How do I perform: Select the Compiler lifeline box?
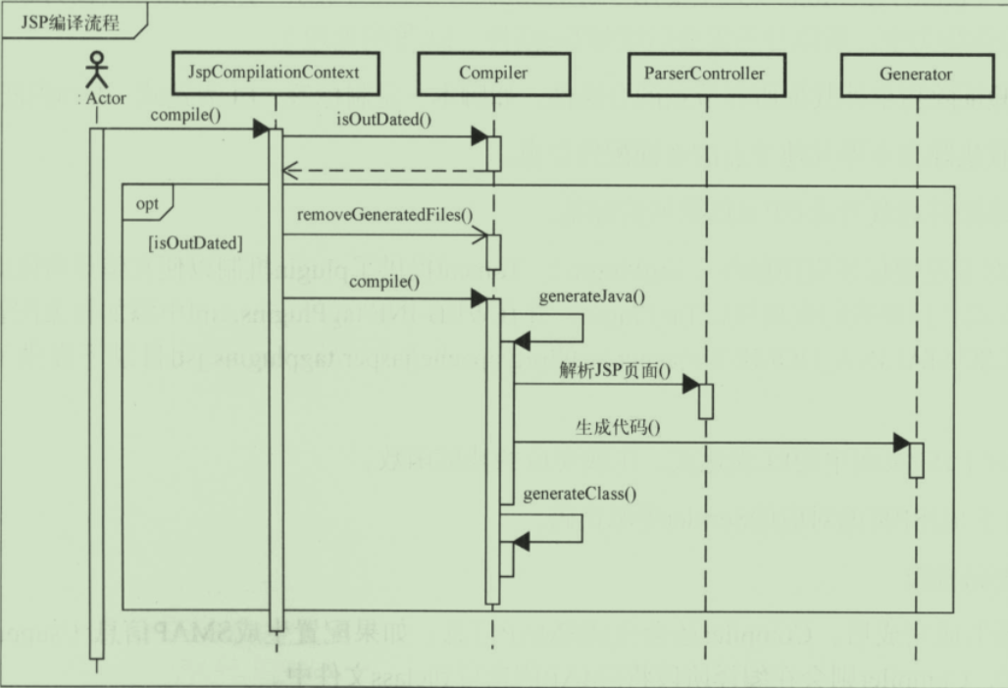(x=492, y=73)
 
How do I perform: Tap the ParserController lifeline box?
(x=704, y=73)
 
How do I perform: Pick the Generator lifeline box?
(x=916, y=73)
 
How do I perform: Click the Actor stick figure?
(x=96, y=70)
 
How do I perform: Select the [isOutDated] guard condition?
(x=196, y=241)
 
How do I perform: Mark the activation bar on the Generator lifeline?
(x=916, y=460)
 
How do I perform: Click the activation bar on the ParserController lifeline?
(x=705, y=400)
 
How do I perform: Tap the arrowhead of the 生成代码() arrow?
(x=902, y=444)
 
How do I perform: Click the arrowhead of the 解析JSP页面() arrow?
(x=690, y=384)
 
